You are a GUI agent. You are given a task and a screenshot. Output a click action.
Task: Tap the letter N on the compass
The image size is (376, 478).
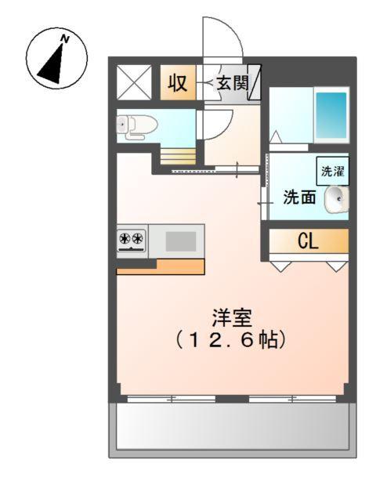pos(66,38)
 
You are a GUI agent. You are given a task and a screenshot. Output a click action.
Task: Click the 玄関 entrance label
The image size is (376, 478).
pos(230,83)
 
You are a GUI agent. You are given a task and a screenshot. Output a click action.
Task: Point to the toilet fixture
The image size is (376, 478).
pos(133,125)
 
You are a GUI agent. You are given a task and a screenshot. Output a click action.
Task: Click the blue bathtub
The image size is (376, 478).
pos(331,116)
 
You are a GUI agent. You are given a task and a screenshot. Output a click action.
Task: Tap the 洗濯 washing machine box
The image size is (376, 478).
pos(333,169)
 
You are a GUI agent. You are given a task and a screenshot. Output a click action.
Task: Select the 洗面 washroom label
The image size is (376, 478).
pos(300,197)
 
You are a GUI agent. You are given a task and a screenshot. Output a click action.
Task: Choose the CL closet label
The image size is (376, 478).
pos(308,241)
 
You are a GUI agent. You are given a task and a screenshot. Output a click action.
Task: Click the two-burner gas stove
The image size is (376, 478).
pos(131,240)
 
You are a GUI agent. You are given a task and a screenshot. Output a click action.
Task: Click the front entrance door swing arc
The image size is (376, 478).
pos(222,38)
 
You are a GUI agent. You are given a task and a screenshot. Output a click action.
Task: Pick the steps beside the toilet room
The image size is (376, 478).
pos(175,155)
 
